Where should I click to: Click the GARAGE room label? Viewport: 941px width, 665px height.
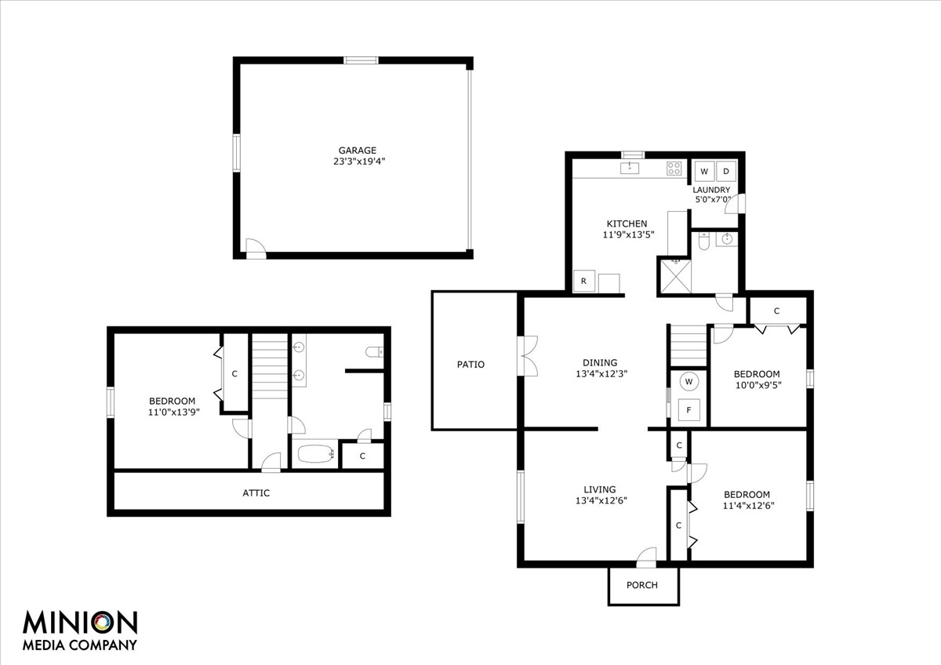point(357,151)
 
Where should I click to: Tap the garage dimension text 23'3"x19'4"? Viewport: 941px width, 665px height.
point(359,162)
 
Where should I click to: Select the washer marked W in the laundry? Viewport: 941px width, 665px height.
point(704,171)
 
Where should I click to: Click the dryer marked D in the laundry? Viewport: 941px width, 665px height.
point(726,171)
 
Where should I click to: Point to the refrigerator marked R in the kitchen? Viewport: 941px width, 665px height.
point(584,281)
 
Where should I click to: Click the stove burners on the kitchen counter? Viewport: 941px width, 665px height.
point(674,169)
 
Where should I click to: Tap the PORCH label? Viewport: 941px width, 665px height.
point(642,585)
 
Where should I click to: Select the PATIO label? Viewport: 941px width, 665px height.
point(470,364)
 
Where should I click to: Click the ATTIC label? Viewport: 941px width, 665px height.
point(256,492)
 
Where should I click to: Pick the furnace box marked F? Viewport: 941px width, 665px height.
point(689,410)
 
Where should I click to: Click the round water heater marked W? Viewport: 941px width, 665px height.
point(688,382)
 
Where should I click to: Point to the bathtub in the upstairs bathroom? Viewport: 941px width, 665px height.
point(315,454)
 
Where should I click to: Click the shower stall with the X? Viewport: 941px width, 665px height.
point(675,276)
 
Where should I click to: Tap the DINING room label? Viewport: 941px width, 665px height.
point(600,362)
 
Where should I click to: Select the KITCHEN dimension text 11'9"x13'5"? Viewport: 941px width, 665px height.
point(629,234)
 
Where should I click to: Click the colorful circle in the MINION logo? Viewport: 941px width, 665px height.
point(103,623)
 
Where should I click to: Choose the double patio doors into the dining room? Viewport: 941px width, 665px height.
point(528,355)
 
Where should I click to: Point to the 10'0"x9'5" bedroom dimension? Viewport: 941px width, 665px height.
point(758,385)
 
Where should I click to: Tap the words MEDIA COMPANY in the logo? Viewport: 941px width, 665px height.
point(80,645)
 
